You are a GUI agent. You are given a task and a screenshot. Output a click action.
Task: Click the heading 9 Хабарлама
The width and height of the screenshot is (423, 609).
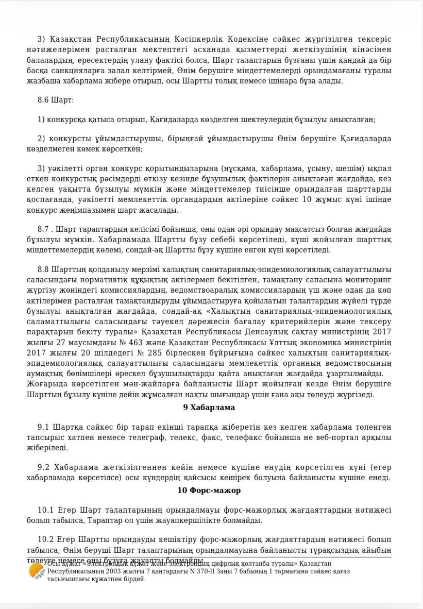[209, 408]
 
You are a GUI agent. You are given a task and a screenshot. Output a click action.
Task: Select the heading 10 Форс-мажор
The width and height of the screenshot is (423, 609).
[209, 490]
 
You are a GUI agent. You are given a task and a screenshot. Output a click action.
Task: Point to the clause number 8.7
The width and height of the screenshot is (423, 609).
[44, 229]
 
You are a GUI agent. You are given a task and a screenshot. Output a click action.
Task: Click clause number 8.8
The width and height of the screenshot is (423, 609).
[44, 270]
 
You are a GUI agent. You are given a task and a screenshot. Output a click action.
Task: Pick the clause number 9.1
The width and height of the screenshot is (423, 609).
[44, 427]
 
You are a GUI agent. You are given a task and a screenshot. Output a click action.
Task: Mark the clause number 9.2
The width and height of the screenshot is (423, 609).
[44, 467]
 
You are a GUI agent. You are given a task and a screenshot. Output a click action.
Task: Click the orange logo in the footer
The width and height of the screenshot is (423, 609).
[36, 571]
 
